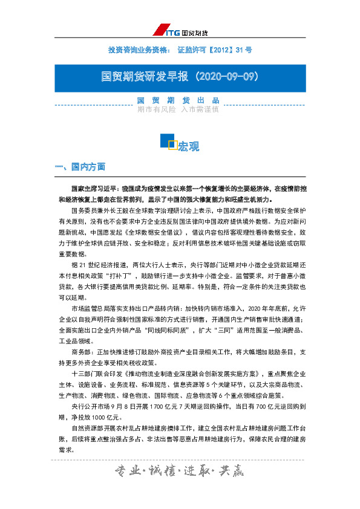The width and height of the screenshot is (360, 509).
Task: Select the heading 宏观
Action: [188, 147]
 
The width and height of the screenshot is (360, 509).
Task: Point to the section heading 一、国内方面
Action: [80, 166]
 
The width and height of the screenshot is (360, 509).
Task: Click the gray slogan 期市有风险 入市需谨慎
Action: [178, 110]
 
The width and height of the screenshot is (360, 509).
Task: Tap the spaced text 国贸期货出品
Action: [178, 100]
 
